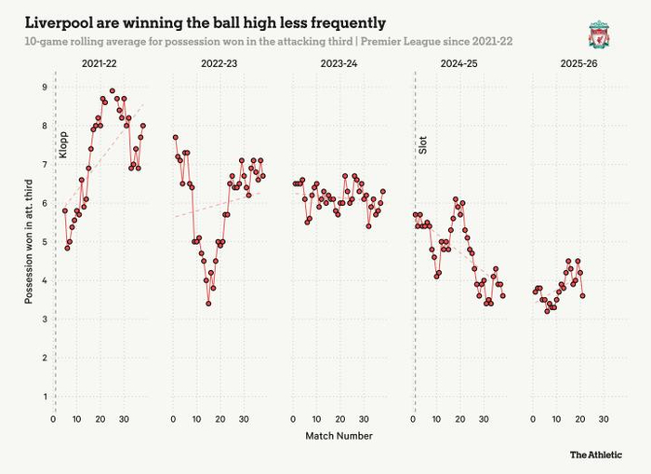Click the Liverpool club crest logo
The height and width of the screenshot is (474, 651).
(x=597, y=34)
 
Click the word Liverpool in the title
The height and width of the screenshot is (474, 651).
(x=60, y=21)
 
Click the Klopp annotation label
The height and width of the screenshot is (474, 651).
(x=63, y=143)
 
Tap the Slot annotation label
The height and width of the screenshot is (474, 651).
(x=423, y=143)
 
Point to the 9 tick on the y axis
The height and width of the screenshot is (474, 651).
(x=44, y=87)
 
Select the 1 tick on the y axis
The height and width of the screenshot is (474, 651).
(x=44, y=397)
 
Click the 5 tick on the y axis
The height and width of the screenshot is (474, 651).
(x=44, y=242)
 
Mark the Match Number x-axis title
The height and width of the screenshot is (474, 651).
(x=339, y=435)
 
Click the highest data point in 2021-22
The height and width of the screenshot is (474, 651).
(x=113, y=91)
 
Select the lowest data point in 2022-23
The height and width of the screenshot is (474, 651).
(x=208, y=303)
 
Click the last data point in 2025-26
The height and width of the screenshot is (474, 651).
(x=582, y=296)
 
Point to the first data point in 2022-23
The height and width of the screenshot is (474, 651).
(x=175, y=137)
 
